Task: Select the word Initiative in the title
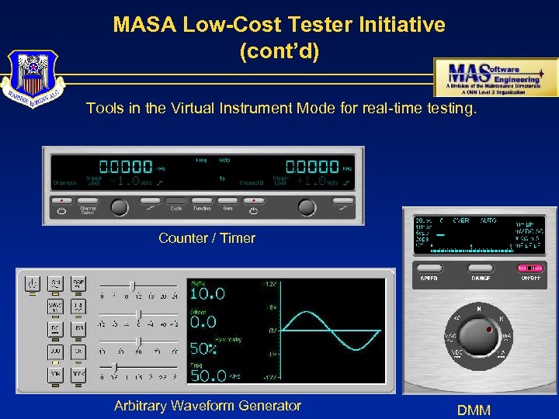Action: [x=401, y=25]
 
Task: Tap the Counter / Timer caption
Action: [x=207, y=238]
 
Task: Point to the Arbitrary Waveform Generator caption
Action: [x=207, y=405]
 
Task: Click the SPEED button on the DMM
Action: [x=429, y=269]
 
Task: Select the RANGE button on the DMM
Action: [x=481, y=269]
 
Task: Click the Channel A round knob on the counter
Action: [x=118, y=206]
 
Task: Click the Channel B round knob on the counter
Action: [x=307, y=206]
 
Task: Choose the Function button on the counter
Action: [x=202, y=201]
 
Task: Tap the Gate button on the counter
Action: [x=227, y=201]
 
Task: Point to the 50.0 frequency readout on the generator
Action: [x=207, y=375]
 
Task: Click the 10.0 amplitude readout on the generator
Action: [x=207, y=294]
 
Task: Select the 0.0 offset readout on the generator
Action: [x=203, y=321]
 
